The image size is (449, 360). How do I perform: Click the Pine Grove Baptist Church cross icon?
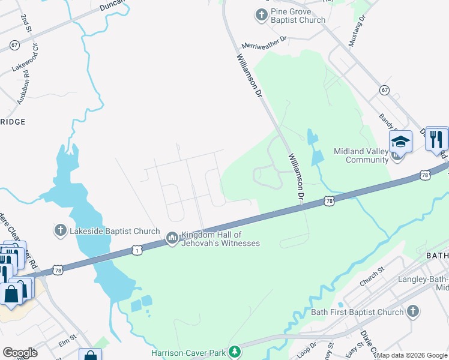(261, 14)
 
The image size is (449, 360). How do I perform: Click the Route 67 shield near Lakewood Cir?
(14, 45)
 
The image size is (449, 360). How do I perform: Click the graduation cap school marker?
(400, 142)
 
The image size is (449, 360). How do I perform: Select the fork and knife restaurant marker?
(436, 139)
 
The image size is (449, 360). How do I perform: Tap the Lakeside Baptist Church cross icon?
(59, 230)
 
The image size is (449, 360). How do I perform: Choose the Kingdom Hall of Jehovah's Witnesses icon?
(172, 239)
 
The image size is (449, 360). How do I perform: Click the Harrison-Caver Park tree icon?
(236, 352)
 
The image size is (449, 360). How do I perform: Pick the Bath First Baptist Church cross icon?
(412, 311)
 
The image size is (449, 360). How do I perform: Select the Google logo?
(20, 353)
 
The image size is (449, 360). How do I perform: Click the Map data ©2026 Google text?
(412, 355)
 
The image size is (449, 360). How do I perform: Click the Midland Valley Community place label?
(360, 155)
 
